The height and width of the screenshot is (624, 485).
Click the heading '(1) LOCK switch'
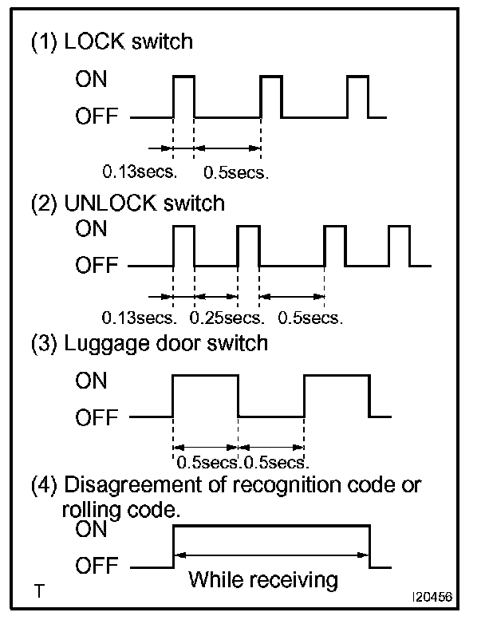click(112, 41)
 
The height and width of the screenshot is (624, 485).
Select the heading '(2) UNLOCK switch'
click(128, 203)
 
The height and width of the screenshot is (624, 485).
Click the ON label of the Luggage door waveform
click(91, 381)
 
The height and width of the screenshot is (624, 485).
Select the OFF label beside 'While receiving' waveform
click(97, 567)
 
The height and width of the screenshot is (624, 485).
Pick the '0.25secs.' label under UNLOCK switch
click(227, 318)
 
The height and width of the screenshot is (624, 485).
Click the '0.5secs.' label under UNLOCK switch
click(310, 318)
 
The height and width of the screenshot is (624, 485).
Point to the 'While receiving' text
click(263, 579)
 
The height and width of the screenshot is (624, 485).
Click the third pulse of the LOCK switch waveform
click(357, 96)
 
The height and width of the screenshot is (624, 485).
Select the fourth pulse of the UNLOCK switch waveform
click(399, 246)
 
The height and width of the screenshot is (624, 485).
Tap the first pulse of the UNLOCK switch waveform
click(184, 246)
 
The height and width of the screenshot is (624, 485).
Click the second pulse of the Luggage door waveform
click(337, 395)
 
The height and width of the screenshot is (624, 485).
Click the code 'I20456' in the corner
click(430, 595)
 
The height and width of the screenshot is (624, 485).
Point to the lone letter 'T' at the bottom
click(38, 592)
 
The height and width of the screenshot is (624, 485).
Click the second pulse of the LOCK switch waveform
click(271, 96)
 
